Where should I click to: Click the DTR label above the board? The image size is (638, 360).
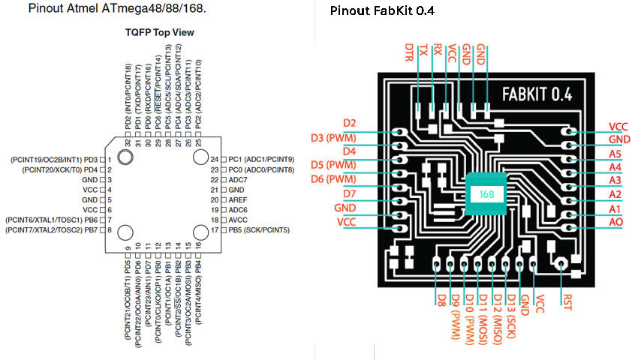point(409,52)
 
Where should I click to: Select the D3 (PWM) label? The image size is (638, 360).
point(333,138)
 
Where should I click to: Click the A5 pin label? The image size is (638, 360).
point(615,154)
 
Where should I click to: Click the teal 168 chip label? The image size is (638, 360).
point(486,194)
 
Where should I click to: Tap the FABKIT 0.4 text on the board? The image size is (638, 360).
point(537,94)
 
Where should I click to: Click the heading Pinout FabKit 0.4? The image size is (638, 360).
point(382,10)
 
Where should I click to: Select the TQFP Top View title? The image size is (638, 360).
point(159,32)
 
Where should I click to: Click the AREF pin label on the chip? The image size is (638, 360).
point(238,199)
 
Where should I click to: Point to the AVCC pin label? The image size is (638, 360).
point(238,220)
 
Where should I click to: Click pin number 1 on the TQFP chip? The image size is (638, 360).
point(110,160)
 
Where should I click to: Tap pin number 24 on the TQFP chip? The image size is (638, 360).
point(215,160)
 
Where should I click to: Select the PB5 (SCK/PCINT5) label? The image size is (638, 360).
point(259,230)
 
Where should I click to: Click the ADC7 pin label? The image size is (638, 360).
point(238,180)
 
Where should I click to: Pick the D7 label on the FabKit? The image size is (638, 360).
point(350,193)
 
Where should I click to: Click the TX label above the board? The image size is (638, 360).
point(423,50)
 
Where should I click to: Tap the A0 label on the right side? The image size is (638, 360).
point(615,222)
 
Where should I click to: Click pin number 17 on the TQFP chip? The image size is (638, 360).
point(215,230)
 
